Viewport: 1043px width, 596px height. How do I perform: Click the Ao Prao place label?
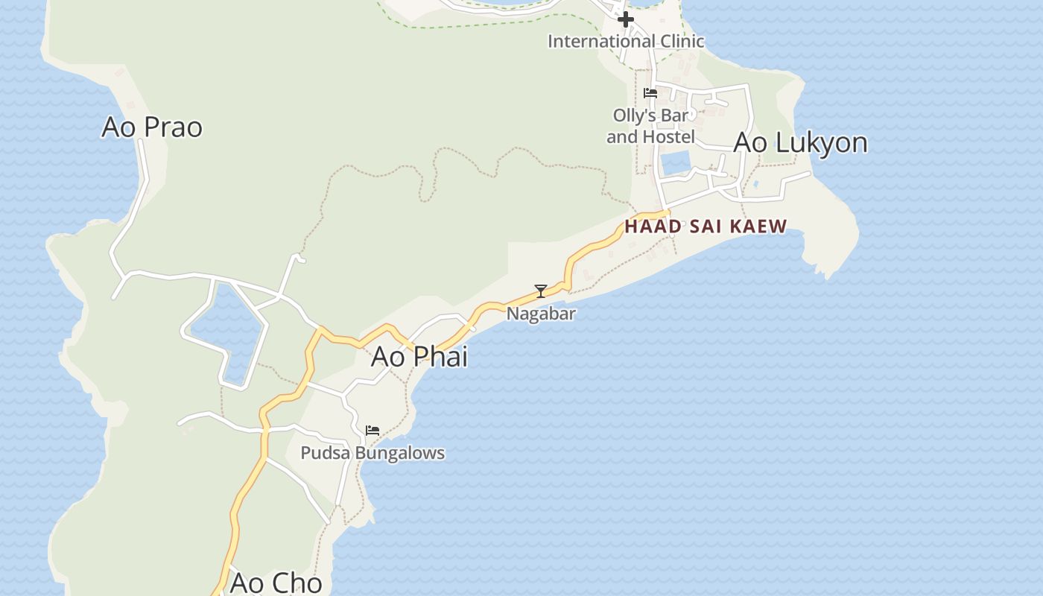click(152, 127)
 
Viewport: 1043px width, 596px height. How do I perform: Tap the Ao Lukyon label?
click(800, 142)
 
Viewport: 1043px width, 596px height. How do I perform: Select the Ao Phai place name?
click(419, 357)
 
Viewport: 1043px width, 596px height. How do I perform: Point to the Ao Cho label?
click(276, 583)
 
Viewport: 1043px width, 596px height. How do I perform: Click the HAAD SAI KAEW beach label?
click(706, 226)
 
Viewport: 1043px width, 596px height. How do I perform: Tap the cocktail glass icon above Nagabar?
click(541, 291)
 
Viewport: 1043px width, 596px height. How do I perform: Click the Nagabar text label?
click(541, 314)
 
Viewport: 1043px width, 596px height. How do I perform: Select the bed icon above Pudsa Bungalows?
click(372, 431)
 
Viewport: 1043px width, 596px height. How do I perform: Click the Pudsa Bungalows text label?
click(372, 453)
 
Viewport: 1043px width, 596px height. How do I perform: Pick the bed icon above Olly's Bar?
click(650, 93)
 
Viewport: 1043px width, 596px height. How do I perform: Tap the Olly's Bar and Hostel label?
click(650, 126)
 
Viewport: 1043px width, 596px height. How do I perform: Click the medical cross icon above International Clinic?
click(626, 19)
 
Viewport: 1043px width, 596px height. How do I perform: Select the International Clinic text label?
click(626, 41)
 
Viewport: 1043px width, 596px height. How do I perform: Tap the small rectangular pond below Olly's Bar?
click(676, 163)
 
